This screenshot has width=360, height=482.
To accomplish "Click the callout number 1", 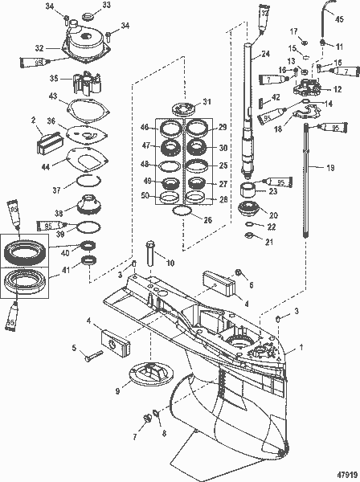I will click(346, 349).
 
